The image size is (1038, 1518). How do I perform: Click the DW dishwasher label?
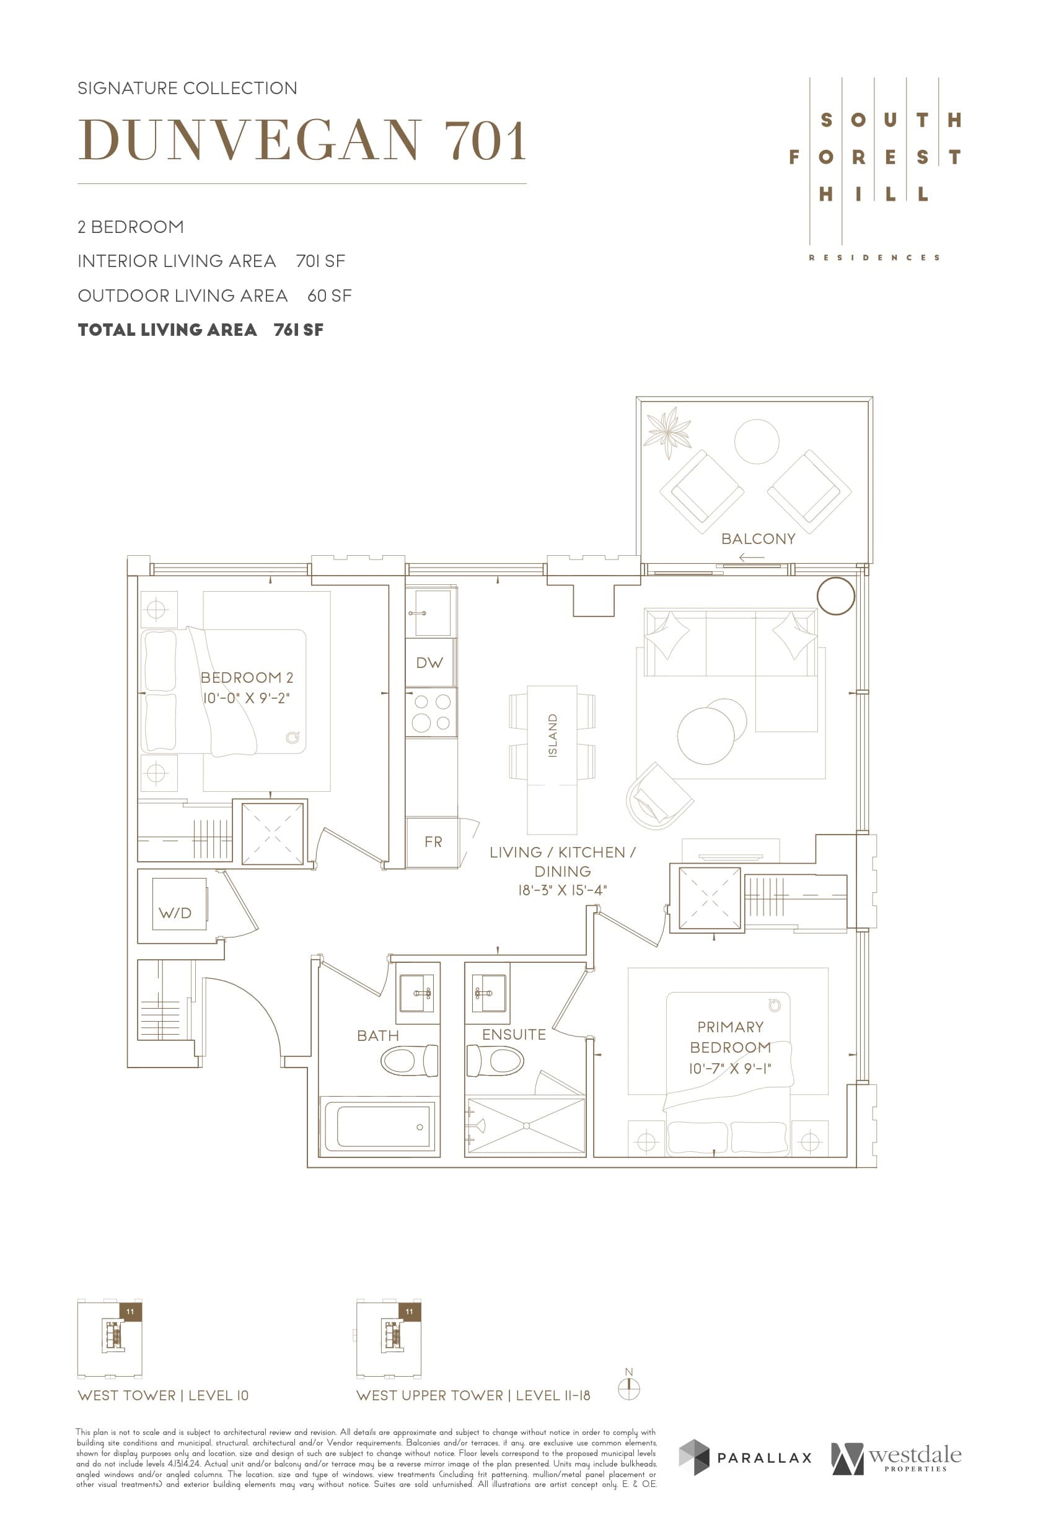429,662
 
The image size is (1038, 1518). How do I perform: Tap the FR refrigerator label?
433,842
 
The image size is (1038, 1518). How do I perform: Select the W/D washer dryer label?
175,913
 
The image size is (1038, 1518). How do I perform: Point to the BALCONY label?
758,539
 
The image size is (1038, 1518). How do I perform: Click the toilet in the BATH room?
409,1060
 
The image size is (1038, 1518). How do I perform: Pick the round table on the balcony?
756,442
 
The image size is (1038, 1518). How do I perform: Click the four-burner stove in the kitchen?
431,713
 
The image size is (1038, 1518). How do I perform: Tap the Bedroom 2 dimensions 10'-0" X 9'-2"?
246,698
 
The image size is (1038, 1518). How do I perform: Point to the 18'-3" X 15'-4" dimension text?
562,890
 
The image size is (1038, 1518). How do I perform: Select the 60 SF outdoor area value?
329,296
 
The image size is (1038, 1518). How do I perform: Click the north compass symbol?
628,1388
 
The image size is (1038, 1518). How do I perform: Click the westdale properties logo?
895,1459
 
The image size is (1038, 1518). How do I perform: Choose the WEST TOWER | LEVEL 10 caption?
162,1395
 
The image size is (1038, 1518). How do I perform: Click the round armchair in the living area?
659,796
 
